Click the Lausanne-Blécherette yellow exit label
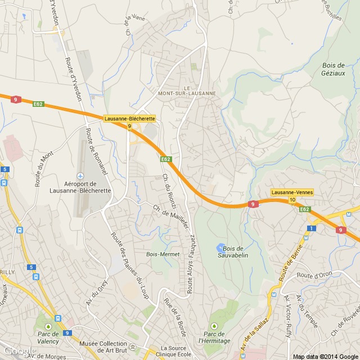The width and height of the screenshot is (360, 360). [129, 119]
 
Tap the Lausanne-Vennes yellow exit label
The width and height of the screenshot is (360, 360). [292, 192]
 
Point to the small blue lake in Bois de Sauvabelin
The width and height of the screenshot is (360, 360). [219, 247]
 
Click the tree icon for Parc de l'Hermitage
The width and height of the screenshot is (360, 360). [213, 327]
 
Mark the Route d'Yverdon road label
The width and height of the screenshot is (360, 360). [73, 79]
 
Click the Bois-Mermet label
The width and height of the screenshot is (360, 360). [163, 254]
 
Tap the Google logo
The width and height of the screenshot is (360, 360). [19, 350]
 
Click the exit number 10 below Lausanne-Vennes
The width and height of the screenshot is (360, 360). [292, 200]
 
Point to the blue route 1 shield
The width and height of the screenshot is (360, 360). [310, 228]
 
